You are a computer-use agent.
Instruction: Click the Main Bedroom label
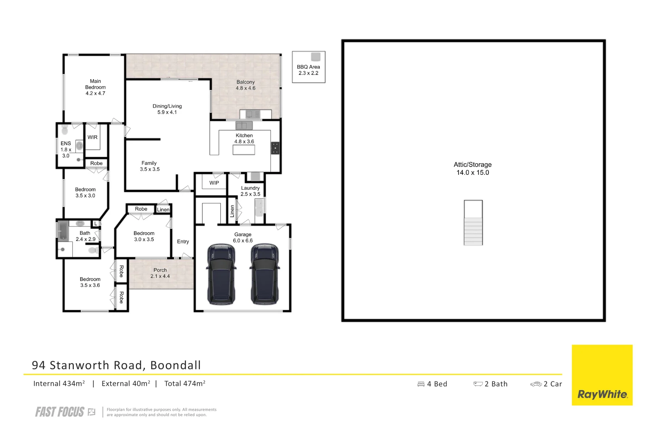coord(95,87)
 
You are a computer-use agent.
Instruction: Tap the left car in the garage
coord(221,275)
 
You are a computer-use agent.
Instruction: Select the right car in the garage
coord(265,275)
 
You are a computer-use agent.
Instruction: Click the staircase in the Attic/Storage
coord(473,223)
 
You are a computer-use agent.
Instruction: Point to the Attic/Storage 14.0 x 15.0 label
coord(472,168)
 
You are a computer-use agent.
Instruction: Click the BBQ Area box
coord(308,67)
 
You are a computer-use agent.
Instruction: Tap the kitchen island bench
coord(244,150)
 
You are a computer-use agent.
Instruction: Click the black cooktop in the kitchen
coord(275,148)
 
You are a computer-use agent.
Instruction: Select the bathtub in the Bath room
coord(63,231)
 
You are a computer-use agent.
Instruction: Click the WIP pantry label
coord(214,183)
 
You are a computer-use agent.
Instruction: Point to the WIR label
coord(92,137)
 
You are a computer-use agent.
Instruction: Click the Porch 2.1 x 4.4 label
coord(160,273)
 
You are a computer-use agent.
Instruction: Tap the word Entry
coord(183,241)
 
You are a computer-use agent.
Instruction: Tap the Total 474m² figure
coord(184,383)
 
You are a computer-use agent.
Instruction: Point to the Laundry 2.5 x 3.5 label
coord(250,191)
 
